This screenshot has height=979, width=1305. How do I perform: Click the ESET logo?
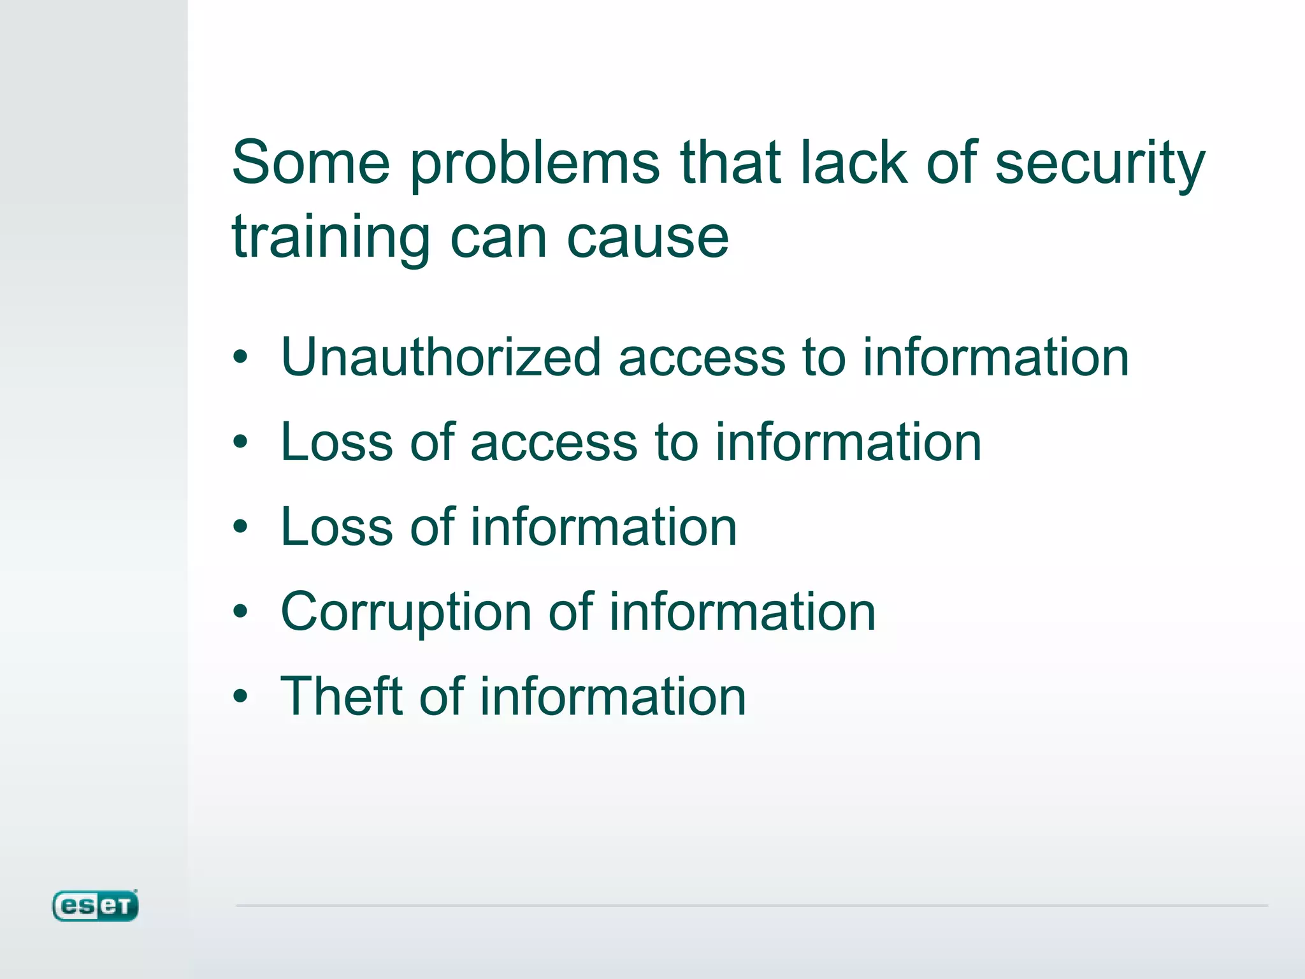pos(95,906)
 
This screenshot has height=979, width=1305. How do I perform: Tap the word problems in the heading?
pos(535,164)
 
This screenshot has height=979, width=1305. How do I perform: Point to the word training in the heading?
pos(331,238)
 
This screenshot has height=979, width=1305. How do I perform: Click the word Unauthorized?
pos(441,357)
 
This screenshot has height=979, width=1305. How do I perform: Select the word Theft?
pos(341,696)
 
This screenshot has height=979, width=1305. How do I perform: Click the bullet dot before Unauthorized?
pos(240,357)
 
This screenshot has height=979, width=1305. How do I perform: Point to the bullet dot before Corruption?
pos(240,612)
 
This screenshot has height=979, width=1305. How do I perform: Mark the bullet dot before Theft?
pos(240,696)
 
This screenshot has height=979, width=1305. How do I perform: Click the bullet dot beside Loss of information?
pos(240,526)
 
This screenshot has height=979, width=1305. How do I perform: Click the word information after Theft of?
pos(612,696)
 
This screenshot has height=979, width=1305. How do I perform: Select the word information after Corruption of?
pos(742,612)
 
